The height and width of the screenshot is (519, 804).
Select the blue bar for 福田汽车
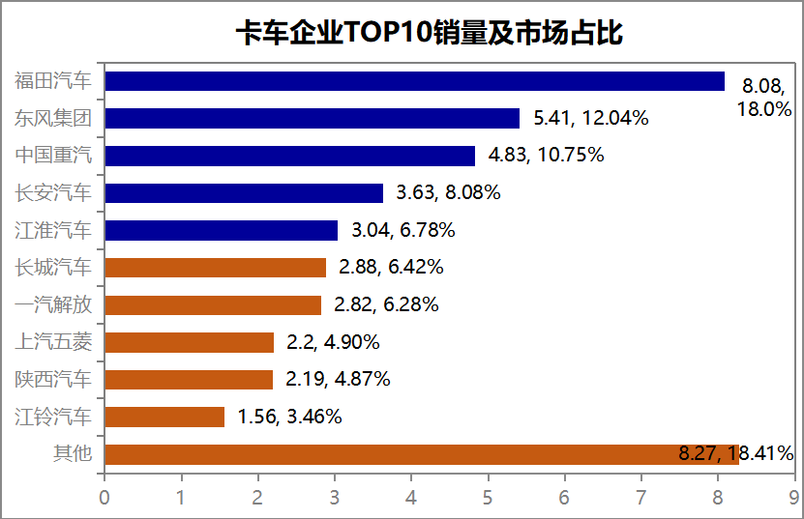click(x=414, y=81)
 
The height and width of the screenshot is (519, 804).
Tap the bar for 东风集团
click(x=312, y=118)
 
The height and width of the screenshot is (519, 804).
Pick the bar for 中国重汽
click(x=289, y=156)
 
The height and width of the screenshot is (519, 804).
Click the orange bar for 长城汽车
click(x=215, y=268)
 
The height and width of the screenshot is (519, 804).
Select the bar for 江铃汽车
click(x=164, y=417)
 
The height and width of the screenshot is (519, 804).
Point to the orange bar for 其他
click(x=421, y=454)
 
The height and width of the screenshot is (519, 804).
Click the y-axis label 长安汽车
click(x=53, y=193)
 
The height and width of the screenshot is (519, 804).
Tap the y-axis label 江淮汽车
click(x=53, y=230)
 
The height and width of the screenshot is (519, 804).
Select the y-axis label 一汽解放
click(x=53, y=304)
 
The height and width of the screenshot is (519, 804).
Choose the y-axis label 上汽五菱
click(x=53, y=342)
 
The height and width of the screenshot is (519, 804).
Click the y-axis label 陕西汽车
click(x=53, y=379)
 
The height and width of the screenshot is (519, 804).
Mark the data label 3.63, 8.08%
click(x=448, y=193)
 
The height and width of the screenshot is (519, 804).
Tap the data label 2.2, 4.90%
click(x=333, y=342)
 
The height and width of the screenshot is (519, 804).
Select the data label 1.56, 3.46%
click(x=287, y=418)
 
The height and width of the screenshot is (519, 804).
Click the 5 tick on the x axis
click(x=488, y=498)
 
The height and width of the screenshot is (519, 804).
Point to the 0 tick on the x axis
click(x=104, y=498)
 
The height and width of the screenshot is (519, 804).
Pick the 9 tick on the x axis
click(x=793, y=498)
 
